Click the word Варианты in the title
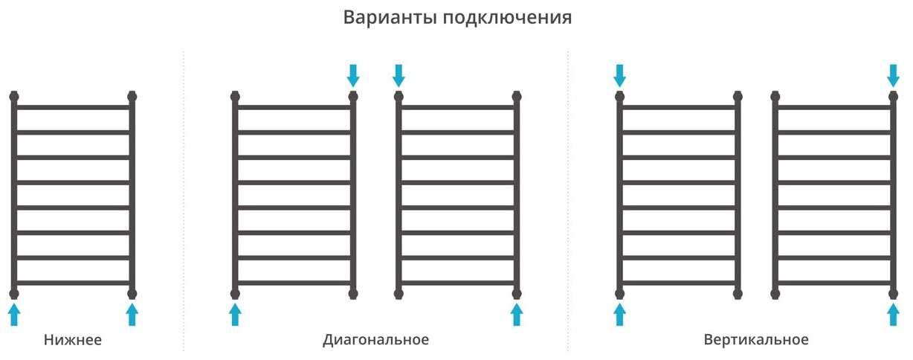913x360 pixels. (x=390, y=17)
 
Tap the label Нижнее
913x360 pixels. (x=73, y=340)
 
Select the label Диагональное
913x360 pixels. (x=375, y=340)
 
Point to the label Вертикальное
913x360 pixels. (x=755, y=340)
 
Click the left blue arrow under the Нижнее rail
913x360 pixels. (x=14, y=314)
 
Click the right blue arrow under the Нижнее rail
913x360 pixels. (x=132, y=314)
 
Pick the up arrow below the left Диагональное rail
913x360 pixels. (x=235, y=314)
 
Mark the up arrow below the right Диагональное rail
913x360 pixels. (x=517, y=314)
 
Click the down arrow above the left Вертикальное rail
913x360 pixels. (x=619, y=74)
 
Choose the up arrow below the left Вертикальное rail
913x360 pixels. (x=619, y=314)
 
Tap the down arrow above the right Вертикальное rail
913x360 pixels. (x=894, y=74)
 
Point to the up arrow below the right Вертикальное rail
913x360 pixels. (x=894, y=314)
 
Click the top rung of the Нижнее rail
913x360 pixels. (x=73, y=107)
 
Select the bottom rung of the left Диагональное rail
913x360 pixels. (x=294, y=283)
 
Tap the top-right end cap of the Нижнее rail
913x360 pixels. (x=132, y=96)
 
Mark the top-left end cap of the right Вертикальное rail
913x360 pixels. (x=775, y=96)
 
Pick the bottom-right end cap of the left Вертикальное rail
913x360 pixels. (x=738, y=293)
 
